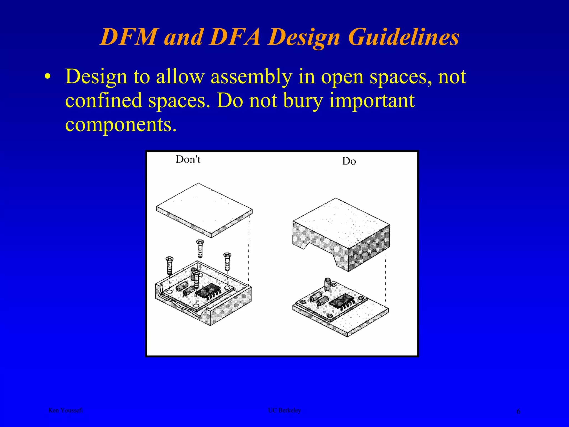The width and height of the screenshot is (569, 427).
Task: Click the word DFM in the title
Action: click(x=128, y=37)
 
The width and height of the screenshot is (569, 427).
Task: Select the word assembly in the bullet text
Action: click(x=251, y=77)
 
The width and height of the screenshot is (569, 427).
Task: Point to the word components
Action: click(x=121, y=125)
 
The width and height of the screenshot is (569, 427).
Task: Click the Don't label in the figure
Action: click(x=188, y=159)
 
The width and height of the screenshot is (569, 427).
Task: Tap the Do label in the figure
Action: click(x=349, y=161)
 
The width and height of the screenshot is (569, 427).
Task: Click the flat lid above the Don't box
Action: click(x=204, y=210)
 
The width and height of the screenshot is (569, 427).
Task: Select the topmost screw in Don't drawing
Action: click(x=200, y=248)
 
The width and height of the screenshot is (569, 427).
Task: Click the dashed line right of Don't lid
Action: click(x=249, y=247)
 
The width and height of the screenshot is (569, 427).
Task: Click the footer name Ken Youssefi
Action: click(x=66, y=410)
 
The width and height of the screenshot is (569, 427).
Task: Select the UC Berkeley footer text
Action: click(x=284, y=410)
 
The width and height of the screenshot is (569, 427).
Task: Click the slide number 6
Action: click(x=518, y=411)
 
